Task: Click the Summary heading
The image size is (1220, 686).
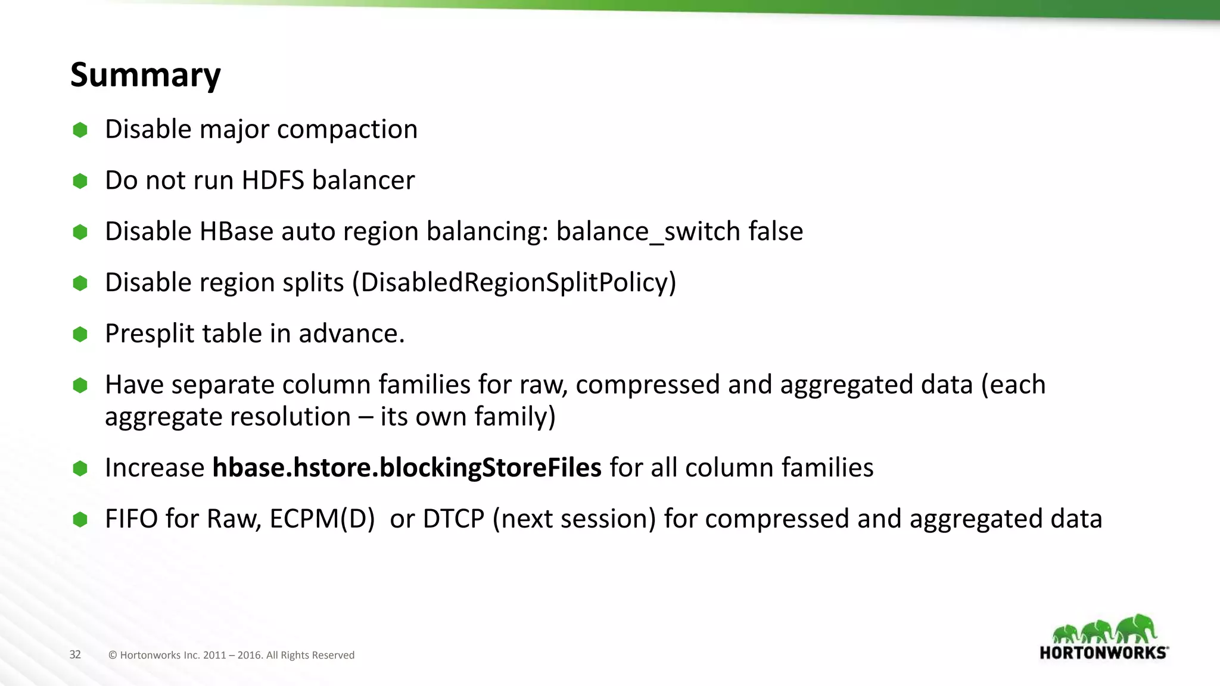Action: point(145,75)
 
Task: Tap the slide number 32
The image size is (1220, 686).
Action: point(75,654)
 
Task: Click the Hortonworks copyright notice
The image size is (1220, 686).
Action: point(231,655)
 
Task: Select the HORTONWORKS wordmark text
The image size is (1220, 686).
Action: point(1103,653)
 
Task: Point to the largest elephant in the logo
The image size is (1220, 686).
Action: point(1136,629)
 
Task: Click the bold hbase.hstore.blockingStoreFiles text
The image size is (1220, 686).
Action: point(407,467)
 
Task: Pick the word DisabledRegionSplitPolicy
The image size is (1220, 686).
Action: point(514,282)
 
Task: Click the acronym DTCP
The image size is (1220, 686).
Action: point(453,519)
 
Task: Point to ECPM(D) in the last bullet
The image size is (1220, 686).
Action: point(322,519)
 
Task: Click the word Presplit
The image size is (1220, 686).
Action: point(150,333)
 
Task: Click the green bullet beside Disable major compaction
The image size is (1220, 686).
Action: point(80,130)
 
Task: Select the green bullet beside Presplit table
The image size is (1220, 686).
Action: point(80,334)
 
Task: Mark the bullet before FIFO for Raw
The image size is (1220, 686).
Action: point(80,519)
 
